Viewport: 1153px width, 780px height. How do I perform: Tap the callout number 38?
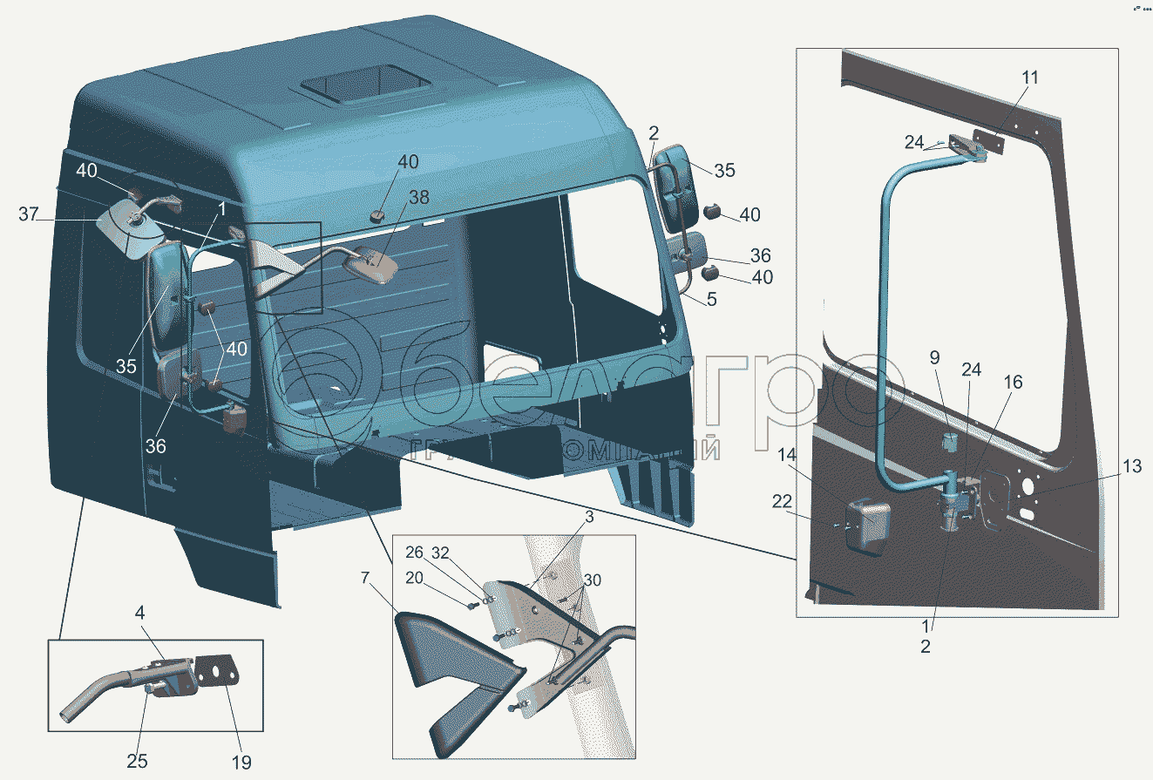pyautogui.click(x=419, y=198)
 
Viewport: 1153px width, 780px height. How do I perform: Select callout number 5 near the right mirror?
pyautogui.click(x=712, y=298)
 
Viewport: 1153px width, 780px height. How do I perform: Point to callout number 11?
pyautogui.click(x=1030, y=78)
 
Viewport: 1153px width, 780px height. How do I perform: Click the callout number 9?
pyautogui.click(x=934, y=357)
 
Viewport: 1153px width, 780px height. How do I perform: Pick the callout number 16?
pyautogui.click(x=1013, y=383)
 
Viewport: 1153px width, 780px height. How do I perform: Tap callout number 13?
pyautogui.click(x=1130, y=467)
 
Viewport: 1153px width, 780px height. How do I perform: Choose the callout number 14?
pyautogui.click(x=787, y=454)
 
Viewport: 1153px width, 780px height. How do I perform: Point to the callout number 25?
pyautogui.click(x=137, y=762)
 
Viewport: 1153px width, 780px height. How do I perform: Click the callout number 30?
pyautogui.click(x=592, y=580)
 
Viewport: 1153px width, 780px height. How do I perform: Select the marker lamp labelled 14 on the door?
pyautogui.click(x=868, y=525)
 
